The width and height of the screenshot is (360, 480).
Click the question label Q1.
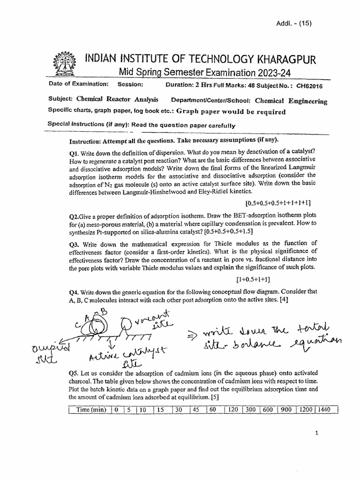[x=74, y=154]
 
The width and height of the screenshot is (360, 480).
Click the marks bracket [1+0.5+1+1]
[x=253, y=279]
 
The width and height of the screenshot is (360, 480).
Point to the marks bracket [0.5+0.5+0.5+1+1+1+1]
[x=278, y=203]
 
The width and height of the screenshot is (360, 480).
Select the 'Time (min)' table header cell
[x=90, y=410]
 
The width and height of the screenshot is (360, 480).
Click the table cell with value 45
[x=195, y=410]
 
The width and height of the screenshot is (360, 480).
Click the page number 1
[x=317, y=434]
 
